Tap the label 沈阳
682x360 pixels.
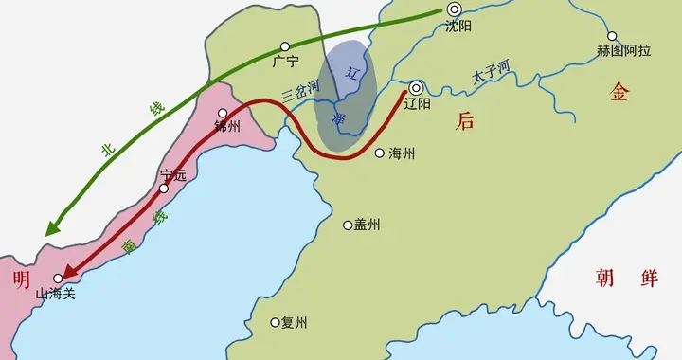[x=458, y=27]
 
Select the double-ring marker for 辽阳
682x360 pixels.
[x=416, y=88]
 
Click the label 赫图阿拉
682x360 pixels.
[x=623, y=50]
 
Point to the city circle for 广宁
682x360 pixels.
[x=285, y=46]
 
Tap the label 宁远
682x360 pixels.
[x=173, y=174]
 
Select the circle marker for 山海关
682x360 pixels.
[x=58, y=279]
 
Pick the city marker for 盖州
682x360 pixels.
[x=348, y=225]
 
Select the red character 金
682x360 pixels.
[x=619, y=91]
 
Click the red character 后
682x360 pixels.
[x=465, y=120]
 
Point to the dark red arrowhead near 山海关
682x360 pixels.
[x=70, y=271]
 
